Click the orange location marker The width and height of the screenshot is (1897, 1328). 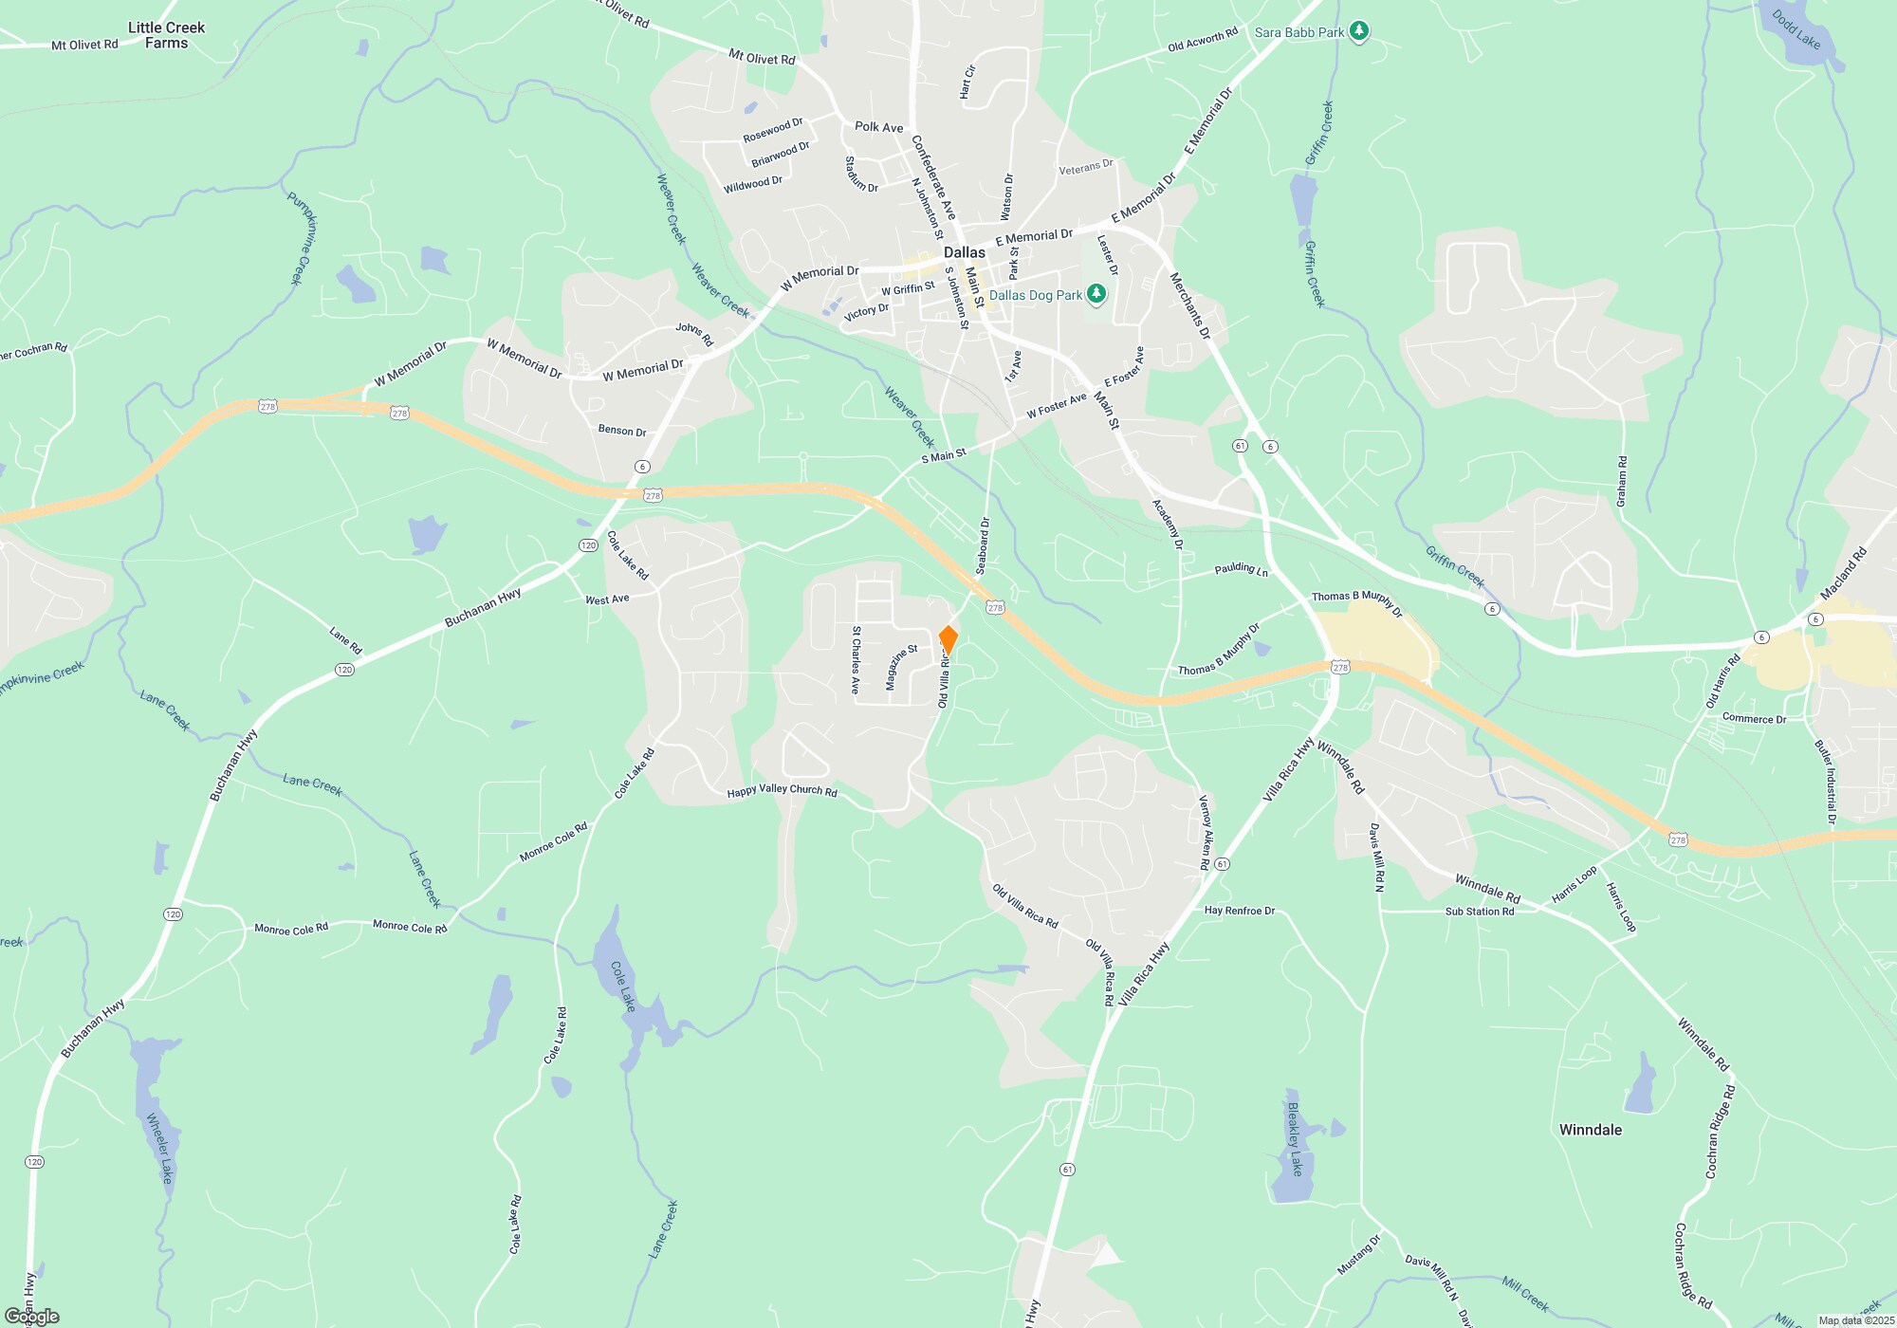click(x=948, y=639)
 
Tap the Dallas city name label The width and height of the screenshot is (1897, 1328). click(x=964, y=252)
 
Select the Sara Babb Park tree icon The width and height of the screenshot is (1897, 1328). click(x=1359, y=32)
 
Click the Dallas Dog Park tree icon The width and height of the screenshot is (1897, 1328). click(x=1096, y=295)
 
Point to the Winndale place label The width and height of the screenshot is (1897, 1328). click(x=1590, y=1130)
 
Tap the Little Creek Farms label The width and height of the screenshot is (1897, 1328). click(x=166, y=35)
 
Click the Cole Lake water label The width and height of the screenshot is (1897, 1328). click(x=622, y=987)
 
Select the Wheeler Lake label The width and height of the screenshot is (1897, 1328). click(x=160, y=1148)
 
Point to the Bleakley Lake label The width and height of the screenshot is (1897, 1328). click(x=1295, y=1138)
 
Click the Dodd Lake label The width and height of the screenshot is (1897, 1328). click(x=1796, y=29)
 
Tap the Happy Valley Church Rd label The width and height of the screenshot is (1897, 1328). click(x=782, y=790)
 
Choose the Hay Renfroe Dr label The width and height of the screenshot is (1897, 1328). click(x=1239, y=911)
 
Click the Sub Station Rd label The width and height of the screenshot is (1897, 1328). click(x=1479, y=912)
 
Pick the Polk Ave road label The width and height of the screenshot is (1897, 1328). click(x=878, y=127)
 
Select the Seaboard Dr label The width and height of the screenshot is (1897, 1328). click(x=983, y=545)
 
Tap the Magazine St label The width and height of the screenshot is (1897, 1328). click(x=901, y=668)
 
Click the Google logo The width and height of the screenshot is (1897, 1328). click(x=32, y=1317)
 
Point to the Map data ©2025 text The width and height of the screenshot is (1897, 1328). click(x=1855, y=1320)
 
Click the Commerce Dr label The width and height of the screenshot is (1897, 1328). click(x=1753, y=719)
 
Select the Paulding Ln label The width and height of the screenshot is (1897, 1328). click(x=1241, y=569)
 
